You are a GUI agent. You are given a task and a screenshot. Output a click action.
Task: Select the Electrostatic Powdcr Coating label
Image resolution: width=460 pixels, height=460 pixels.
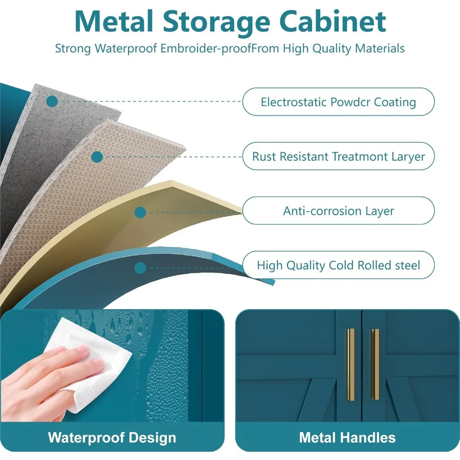(x=338, y=102)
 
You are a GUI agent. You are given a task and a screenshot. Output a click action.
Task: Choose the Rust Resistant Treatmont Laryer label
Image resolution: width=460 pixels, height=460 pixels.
(x=338, y=156)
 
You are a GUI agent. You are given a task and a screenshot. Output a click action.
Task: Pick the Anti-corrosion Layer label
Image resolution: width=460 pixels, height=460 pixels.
(x=338, y=211)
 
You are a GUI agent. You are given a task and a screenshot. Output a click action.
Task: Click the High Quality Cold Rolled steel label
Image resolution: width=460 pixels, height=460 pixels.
(x=338, y=265)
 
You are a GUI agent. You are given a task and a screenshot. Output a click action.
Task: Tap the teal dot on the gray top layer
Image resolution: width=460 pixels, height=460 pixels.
(x=52, y=101)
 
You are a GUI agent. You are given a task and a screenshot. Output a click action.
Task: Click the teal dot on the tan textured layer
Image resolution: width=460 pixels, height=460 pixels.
(x=97, y=157)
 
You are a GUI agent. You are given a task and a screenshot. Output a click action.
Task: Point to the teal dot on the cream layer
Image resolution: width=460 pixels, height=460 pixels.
(x=141, y=212)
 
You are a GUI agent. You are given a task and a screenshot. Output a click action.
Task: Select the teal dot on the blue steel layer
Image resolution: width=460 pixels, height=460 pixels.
(x=141, y=268)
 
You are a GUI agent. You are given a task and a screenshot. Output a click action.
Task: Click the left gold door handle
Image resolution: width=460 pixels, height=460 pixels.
(x=351, y=364)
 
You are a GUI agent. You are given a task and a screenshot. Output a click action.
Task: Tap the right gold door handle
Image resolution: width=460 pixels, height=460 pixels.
(x=375, y=364)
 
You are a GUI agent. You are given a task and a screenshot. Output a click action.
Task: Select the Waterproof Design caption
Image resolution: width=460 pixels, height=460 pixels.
(x=112, y=437)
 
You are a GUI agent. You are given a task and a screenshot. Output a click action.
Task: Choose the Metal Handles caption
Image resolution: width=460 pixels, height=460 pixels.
(x=347, y=437)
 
